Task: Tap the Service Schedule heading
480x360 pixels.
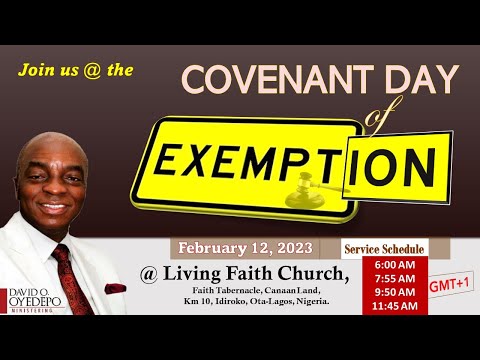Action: click(384, 248)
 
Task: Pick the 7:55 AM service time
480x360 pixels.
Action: click(385, 280)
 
